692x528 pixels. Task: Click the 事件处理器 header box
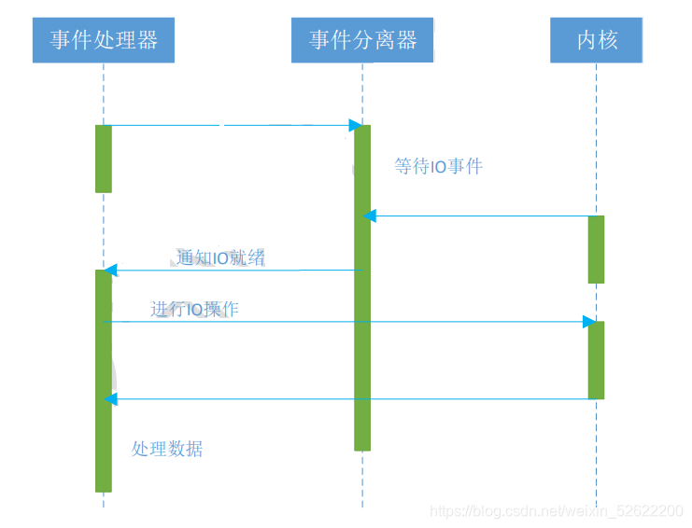tap(104, 40)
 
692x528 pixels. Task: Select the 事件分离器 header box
tap(362, 40)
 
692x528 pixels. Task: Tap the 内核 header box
tap(596, 40)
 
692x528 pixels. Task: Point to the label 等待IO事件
tap(438, 167)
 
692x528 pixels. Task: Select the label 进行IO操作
tap(194, 309)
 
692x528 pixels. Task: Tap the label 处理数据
tap(167, 449)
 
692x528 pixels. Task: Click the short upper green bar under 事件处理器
tap(104, 159)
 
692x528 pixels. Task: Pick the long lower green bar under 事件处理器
tap(104, 381)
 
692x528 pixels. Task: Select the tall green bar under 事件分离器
tap(362, 287)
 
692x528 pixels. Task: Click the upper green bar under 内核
tap(596, 249)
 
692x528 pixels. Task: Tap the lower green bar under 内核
tap(596, 360)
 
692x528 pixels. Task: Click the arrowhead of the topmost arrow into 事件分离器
tap(356, 125)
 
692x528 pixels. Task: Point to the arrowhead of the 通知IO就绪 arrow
tap(110, 271)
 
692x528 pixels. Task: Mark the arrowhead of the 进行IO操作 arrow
tap(589, 322)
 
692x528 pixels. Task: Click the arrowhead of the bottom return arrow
tap(110, 399)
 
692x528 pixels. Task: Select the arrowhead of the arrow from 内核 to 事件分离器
tap(370, 216)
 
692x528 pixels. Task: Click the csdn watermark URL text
tap(555, 511)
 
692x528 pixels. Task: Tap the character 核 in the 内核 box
tap(607, 40)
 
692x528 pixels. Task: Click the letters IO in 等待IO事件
tap(438, 167)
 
